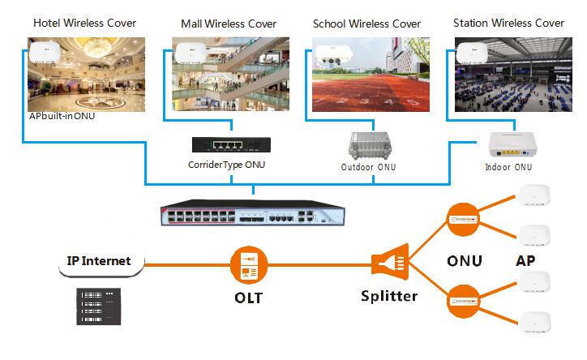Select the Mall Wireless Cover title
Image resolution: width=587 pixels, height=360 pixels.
pyautogui.click(x=229, y=24)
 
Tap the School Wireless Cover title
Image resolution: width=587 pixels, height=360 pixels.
pyautogui.click(x=366, y=24)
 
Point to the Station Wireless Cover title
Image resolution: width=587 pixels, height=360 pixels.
pyautogui.click(x=508, y=23)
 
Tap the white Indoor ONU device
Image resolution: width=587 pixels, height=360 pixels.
pyautogui.click(x=508, y=146)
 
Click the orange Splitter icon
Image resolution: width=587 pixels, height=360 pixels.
pyautogui.click(x=387, y=263)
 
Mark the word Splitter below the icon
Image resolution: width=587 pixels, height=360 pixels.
pyautogui.click(x=388, y=296)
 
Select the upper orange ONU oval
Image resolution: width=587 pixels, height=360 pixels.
pyautogui.click(x=463, y=219)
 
